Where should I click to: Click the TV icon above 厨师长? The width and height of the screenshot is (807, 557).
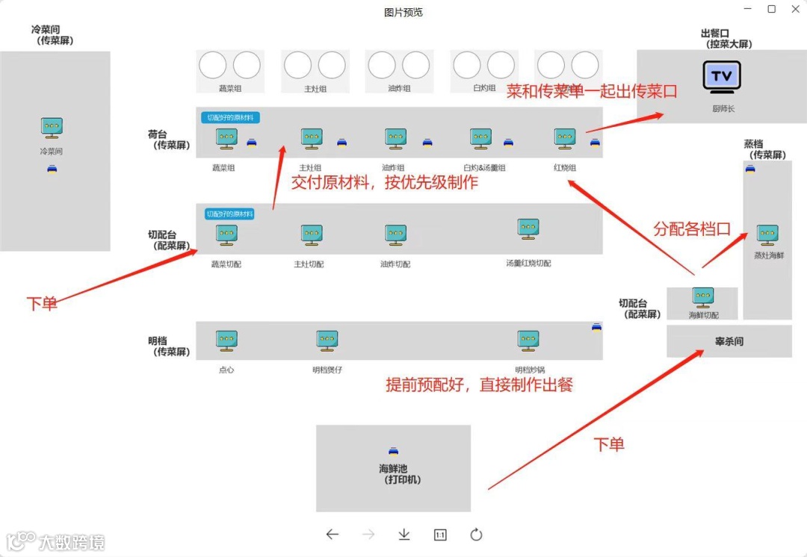point(722,77)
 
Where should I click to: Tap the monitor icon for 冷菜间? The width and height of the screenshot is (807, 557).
point(52,128)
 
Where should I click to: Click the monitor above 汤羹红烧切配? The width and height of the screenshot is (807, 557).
point(528,229)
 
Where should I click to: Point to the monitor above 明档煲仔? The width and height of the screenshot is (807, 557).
point(327,341)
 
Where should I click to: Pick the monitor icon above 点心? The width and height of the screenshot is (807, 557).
point(226,341)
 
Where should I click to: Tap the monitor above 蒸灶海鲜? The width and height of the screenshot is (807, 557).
point(767,235)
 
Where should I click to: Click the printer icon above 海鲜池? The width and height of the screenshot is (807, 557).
point(394,451)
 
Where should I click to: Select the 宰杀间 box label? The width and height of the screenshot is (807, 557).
point(729,342)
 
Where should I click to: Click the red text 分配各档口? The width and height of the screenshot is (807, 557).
point(691,228)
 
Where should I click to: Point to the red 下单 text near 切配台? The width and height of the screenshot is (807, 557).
point(42,303)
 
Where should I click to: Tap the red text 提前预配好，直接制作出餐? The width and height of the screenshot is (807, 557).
point(479,385)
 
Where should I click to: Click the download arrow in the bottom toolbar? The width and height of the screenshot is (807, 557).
point(404,535)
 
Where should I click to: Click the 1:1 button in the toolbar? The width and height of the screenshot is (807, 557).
point(440,535)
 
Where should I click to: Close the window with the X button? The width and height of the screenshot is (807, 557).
point(795,9)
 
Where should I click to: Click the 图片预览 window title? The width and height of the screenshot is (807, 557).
point(403,12)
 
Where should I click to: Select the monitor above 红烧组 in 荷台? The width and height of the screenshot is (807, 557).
point(565,138)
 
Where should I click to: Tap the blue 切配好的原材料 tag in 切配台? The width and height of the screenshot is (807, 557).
point(229,214)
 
